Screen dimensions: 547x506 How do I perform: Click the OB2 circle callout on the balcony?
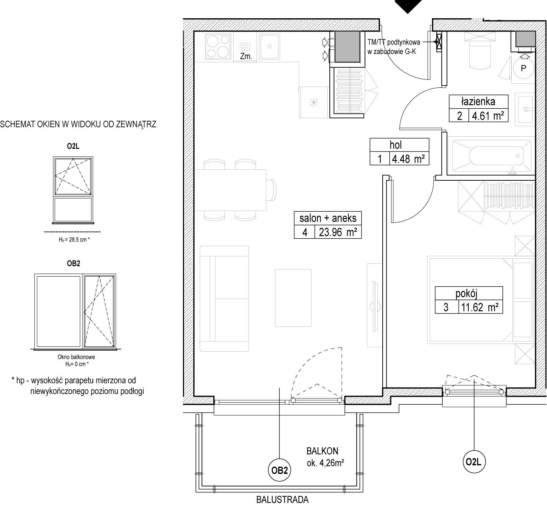279,471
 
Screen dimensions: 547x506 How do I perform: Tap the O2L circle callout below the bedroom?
474,462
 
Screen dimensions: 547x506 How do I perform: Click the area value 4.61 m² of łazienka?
488,116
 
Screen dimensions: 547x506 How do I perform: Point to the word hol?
396,145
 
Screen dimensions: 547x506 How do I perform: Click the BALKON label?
322,451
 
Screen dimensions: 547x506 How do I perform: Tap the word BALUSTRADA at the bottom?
282,500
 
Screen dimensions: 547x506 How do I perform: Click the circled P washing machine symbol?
523,68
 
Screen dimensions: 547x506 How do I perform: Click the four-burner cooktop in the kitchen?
218,47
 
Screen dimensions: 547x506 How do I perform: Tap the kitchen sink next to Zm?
269,46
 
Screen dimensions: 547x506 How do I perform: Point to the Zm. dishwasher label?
247,56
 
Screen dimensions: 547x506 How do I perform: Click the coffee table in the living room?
293,298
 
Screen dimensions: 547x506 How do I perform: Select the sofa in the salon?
224,299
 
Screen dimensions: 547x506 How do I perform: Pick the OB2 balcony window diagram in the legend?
75,311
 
